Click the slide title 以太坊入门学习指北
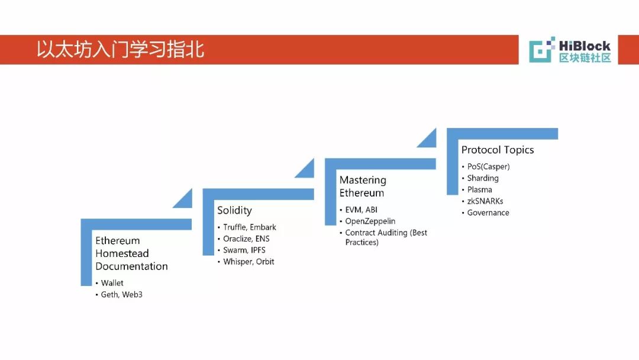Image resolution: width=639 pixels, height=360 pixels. (121, 49)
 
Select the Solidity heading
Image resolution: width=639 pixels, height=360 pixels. (234, 210)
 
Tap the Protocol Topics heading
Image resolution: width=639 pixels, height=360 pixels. (498, 150)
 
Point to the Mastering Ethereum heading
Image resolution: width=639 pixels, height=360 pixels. (363, 187)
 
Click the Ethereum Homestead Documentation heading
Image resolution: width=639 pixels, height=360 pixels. (131, 253)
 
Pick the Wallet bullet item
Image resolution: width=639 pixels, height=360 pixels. (112, 283)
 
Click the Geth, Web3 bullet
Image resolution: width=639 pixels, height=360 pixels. (121, 294)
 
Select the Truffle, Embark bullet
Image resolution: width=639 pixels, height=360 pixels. (250, 227)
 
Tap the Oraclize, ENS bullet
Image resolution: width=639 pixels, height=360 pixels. (246, 239)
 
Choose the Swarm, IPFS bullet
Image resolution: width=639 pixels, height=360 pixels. (244, 250)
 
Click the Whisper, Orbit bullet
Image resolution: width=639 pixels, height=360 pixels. (248, 261)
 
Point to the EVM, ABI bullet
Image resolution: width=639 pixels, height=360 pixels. (361, 210)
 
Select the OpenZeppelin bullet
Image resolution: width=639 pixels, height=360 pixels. (370, 221)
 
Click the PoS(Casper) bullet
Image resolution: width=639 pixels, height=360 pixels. (488, 166)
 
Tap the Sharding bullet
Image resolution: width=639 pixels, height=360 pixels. (483, 178)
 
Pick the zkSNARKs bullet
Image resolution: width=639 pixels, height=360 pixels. (485, 201)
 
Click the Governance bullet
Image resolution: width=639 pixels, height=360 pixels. (488, 213)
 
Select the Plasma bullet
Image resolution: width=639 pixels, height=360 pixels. (479, 189)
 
